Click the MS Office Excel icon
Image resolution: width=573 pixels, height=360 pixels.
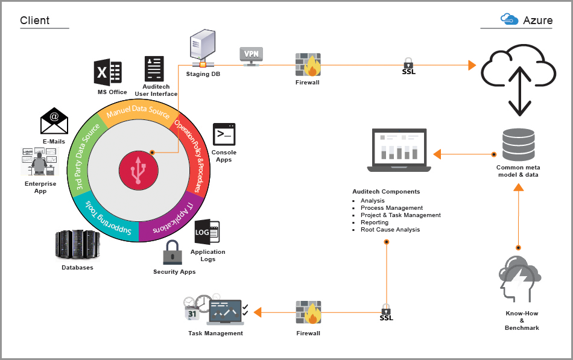108,73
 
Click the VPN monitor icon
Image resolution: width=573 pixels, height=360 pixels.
252,55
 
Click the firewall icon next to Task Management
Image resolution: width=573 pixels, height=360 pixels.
308,313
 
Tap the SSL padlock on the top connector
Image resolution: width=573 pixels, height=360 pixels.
408,62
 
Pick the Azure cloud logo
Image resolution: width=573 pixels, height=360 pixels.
510,19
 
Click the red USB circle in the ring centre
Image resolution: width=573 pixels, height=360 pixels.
138,169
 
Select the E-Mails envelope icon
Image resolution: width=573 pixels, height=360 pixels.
54,122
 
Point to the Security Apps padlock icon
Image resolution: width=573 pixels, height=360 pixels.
173,252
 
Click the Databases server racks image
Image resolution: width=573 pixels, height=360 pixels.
77,245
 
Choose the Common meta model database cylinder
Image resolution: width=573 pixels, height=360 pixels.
518,145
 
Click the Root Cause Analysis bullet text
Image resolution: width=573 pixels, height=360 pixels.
390,230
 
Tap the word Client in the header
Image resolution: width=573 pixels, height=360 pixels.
35,21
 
